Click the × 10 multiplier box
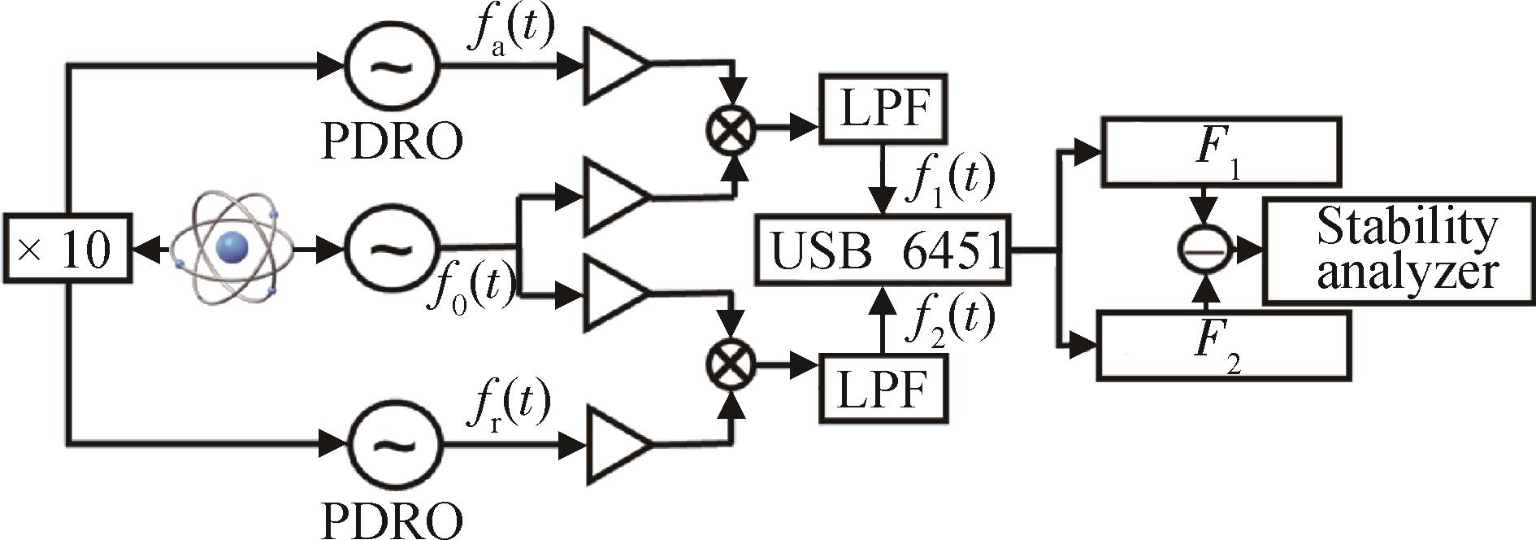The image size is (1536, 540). (x=67, y=249)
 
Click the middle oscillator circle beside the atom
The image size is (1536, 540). (x=392, y=246)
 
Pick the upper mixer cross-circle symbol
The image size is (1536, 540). (x=731, y=127)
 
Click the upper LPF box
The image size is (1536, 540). (x=883, y=108)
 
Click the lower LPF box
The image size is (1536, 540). (x=883, y=389)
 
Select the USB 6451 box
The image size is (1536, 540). (x=883, y=250)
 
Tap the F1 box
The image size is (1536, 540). (x=1218, y=152)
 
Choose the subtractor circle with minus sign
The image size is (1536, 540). (x=1206, y=250)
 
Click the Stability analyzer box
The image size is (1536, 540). (x=1398, y=250)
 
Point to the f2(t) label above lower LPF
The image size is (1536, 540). (x=950, y=321)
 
